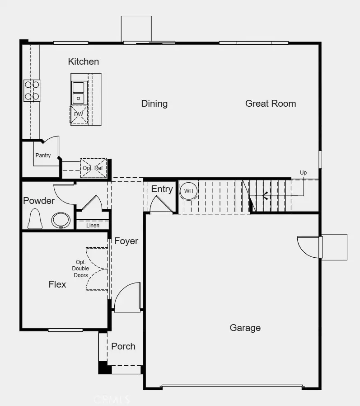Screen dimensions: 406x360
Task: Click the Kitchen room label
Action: tap(84, 61)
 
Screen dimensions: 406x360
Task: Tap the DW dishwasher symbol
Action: tap(79, 114)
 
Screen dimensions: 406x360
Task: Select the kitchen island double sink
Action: tap(79, 93)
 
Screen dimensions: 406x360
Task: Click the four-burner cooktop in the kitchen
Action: tap(32, 90)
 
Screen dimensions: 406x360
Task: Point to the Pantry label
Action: tap(43, 156)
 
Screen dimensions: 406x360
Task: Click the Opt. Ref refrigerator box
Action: tap(93, 168)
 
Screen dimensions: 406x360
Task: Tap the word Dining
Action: tap(154, 104)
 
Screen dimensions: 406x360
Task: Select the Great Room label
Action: tap(271, 104)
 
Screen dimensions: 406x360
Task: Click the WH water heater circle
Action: tap(189, 191)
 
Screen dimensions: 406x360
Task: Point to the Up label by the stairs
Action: tap(303, 173)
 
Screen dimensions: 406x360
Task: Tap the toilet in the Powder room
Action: tap(35, 219)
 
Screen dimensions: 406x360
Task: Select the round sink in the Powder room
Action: tap(61, 221)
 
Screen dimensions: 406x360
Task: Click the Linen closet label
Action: tap(93, 225)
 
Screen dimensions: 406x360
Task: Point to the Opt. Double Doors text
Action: tap(81, 269)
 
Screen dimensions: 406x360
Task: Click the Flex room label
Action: tap(57, 284)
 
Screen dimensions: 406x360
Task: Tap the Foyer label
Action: tap(126, 241)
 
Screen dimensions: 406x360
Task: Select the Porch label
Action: tap(123, 346)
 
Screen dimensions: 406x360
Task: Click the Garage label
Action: tap(245, 328)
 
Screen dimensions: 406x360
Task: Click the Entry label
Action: tap(162, 189)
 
